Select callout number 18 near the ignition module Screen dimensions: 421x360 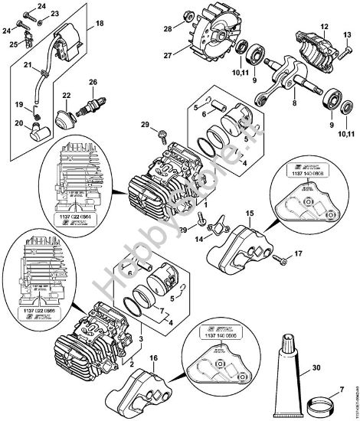(99, 26)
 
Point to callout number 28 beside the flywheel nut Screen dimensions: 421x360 (167, 29)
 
